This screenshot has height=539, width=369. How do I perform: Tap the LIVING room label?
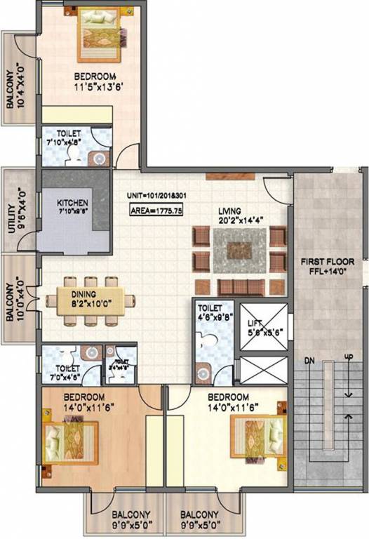point(229,210)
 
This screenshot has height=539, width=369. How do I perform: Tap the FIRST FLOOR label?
point(327,262)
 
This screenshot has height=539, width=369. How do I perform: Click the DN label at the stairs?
point(309,361)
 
